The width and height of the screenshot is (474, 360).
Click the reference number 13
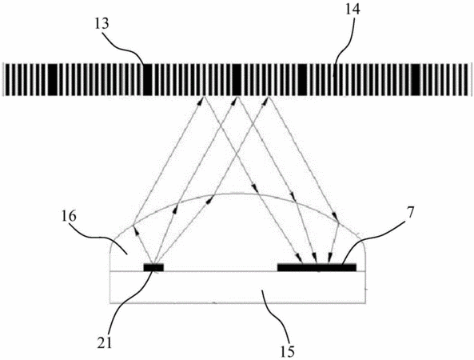tap(102, 24)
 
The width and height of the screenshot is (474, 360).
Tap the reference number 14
tap(353, 10)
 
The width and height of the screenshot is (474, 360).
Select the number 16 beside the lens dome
tap(70, 217)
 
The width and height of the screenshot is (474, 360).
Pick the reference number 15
tap(287, 351)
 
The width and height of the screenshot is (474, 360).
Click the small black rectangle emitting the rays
tap(153, 267)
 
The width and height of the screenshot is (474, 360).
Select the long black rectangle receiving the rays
tap(317, 267)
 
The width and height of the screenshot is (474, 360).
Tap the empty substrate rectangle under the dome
tap(237, 286)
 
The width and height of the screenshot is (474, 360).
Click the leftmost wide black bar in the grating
tap(53, 79)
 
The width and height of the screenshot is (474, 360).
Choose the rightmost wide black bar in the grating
tap(416, 79)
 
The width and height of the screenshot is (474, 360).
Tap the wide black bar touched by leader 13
tap(147, 79)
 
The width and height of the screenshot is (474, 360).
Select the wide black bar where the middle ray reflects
tap(237, 79)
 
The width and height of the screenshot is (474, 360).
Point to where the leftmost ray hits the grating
tap(204, 96)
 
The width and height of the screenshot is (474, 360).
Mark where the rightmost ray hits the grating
tap(268, 96)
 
